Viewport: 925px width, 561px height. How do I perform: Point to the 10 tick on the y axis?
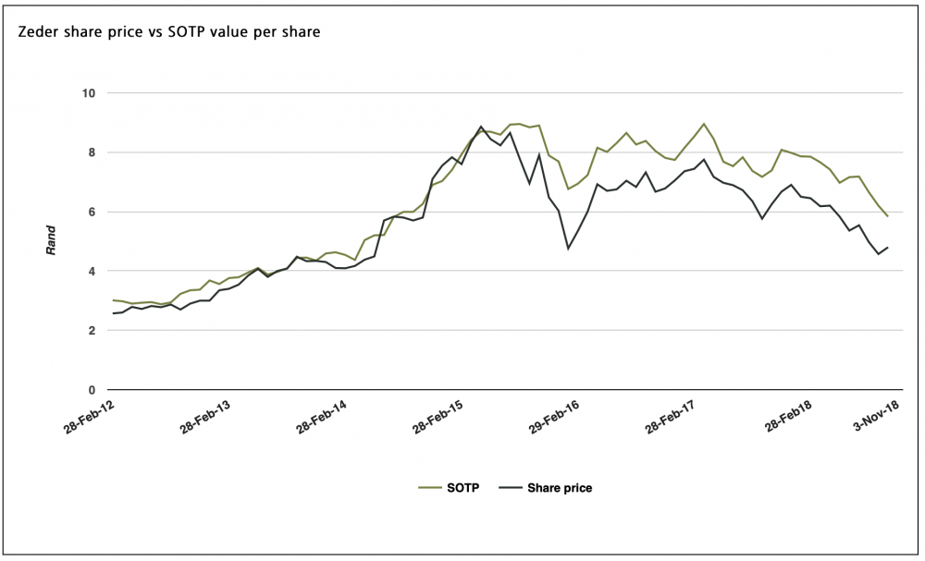(89, 93)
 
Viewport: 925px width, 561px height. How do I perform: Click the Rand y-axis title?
(53, 241)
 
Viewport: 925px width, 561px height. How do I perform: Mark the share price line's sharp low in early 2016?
(568, 248)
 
